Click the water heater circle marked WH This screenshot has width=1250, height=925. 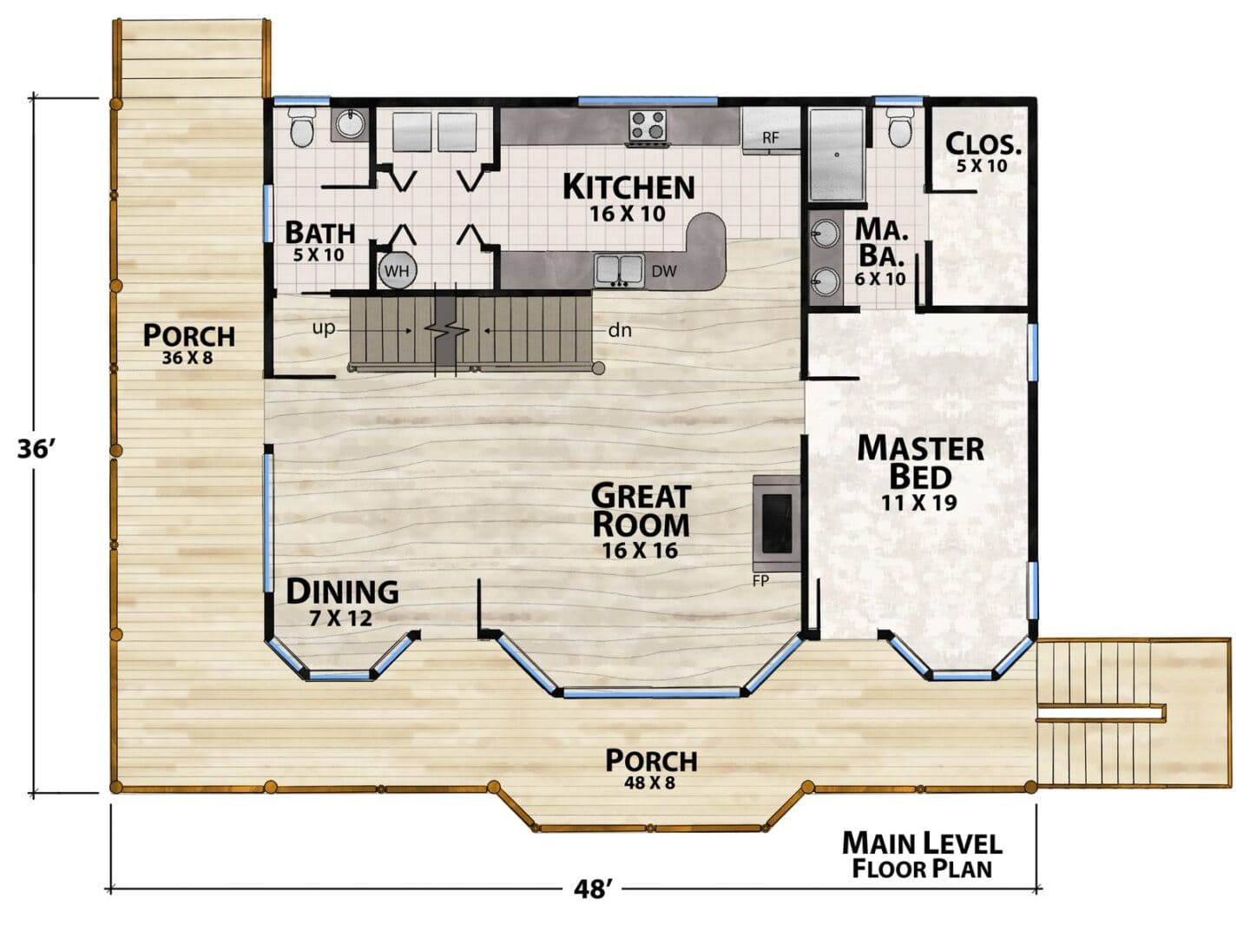click(x=397, y=271)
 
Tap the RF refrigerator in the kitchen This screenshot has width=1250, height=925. click(x=771, y=130)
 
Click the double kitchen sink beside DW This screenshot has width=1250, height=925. click(x=619, y=270)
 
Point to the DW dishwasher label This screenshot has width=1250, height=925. click(x=664, y=271)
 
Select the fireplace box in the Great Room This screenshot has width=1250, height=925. click(x=777, y=524)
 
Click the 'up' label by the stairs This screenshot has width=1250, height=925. click(x=324, y=327)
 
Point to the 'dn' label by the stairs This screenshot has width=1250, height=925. click(x=620, y=330)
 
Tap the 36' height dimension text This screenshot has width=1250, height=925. click(x=36, y=450)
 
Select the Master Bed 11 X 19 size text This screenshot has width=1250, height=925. click(x=919, y=502)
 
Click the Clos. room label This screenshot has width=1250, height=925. click(x=983, y=144)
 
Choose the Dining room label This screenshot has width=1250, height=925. click(x=342, y=591)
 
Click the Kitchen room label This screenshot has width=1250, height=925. click(x=628, y=188)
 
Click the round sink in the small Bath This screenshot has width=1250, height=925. click(x=351, y=125)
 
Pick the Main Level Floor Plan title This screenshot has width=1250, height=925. click(x=923, y=856)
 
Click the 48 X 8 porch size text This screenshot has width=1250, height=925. click(x=649, y=783)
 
